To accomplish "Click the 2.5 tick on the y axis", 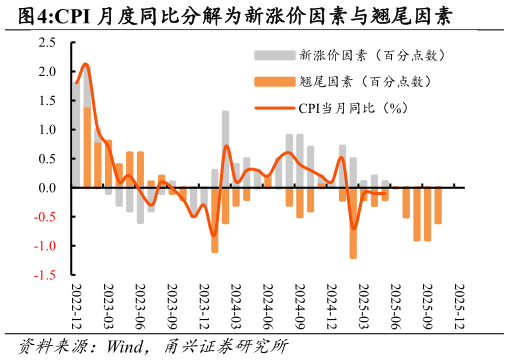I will pyautogui.click(x=48, y=43).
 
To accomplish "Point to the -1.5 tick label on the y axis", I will pyautogui.click(x=46, y=274).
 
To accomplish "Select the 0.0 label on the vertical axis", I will pyautogui.click(x=48, y=188).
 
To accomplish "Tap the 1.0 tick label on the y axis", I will pyautogui.click(x=48, y=130).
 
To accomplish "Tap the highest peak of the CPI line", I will pyautogui.click(x=85, y=64).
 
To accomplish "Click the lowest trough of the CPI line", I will pyautogui.click(x=214, y=236).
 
